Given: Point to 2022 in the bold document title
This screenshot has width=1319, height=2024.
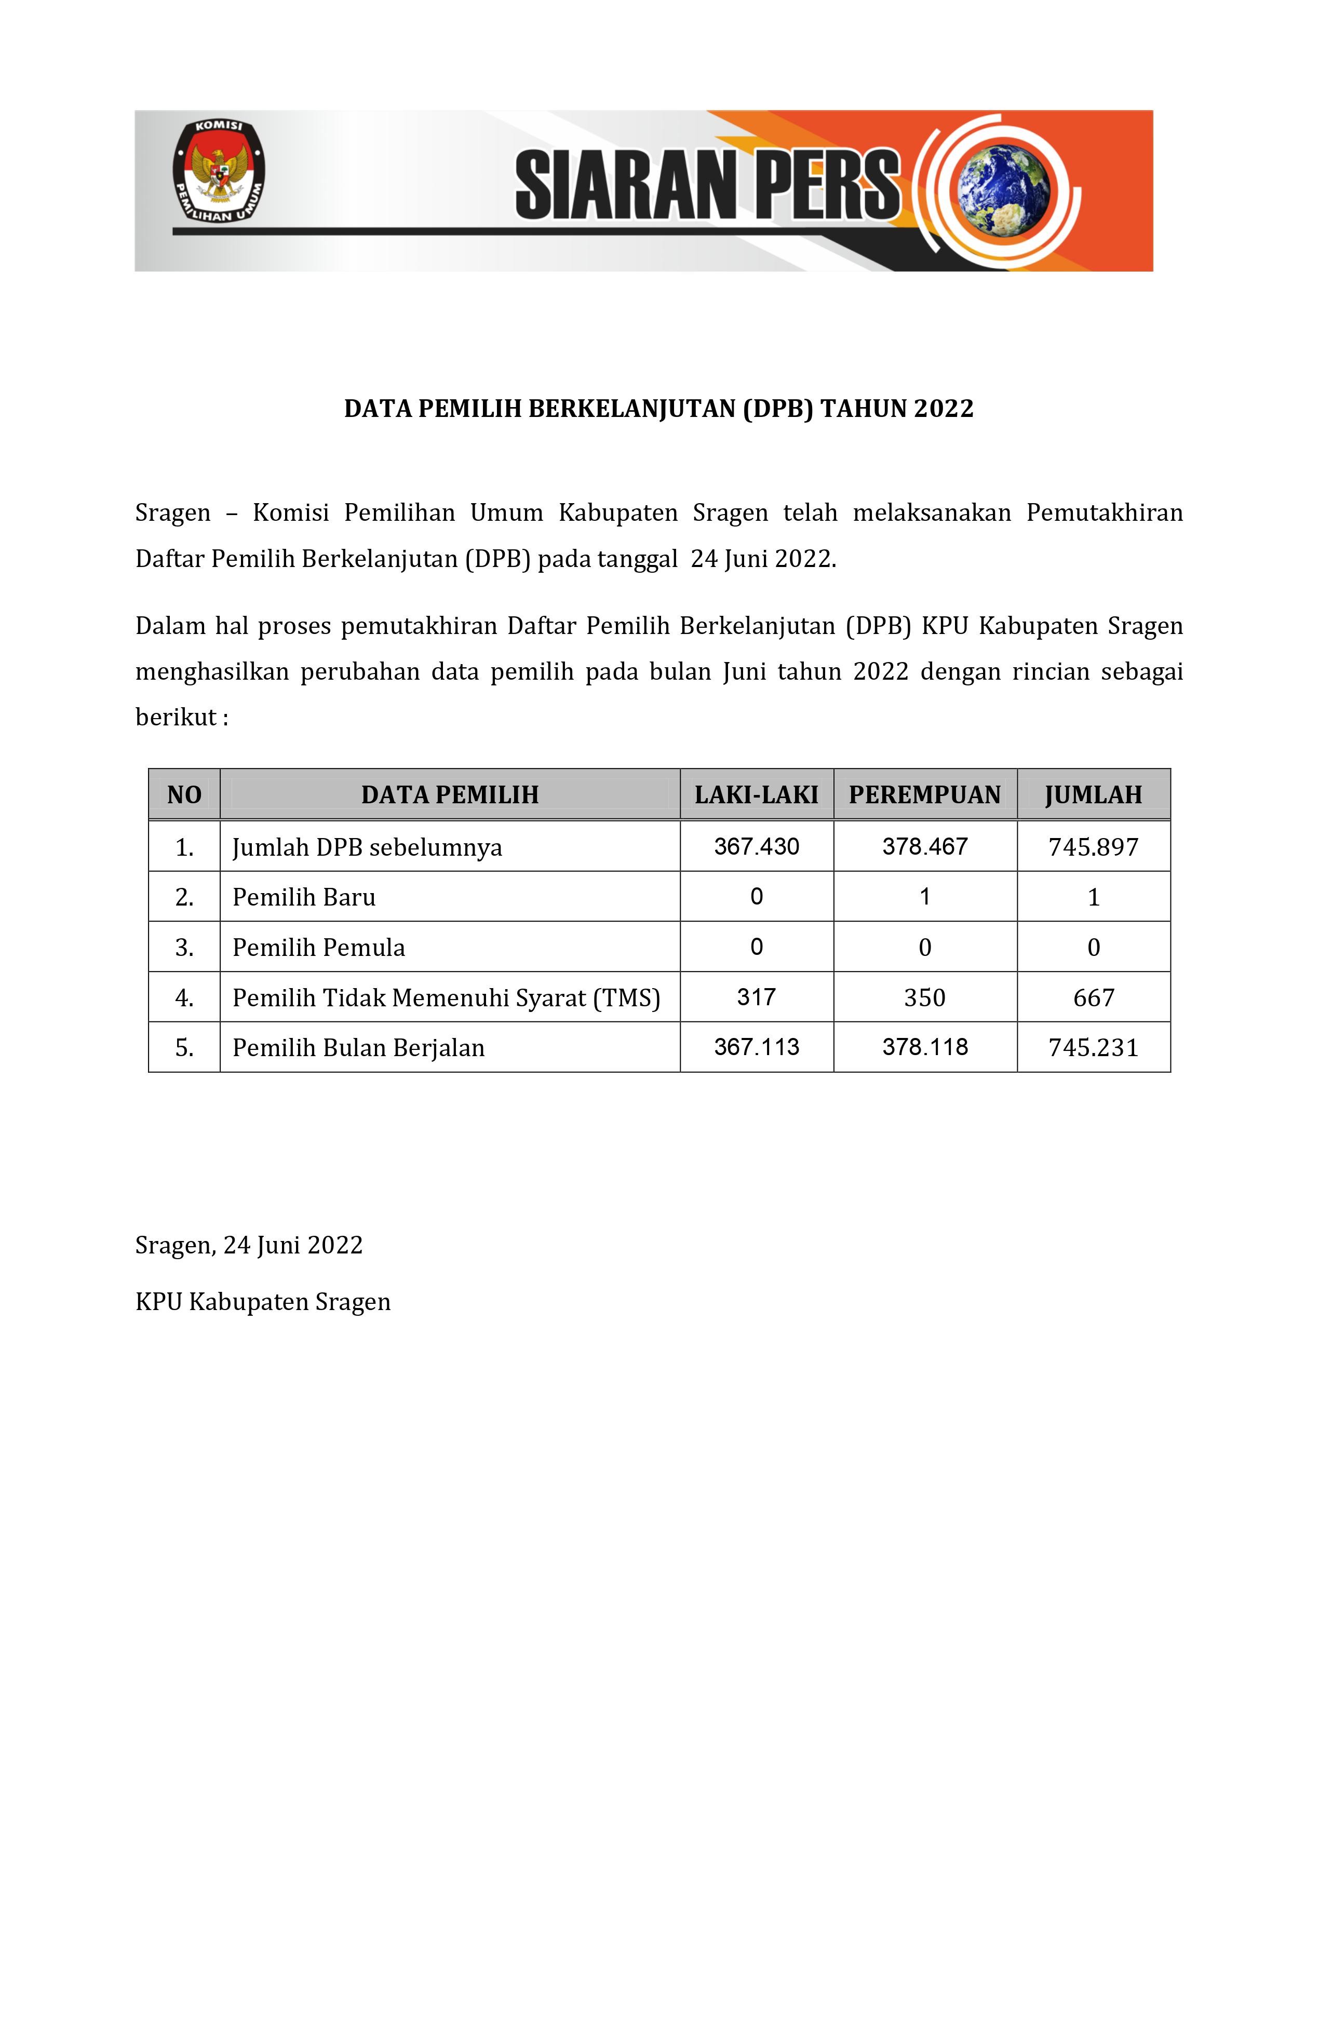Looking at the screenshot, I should click(943, 409).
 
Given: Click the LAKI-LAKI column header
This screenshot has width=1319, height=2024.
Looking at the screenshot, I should click(756, 795).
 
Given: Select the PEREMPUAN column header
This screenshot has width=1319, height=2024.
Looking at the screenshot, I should click(924, 795).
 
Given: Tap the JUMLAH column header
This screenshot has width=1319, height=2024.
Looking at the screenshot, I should click(1093, 795).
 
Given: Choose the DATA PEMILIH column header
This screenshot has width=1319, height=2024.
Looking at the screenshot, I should click(450, 795).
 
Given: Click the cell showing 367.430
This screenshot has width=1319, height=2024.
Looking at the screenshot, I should click(756, 846).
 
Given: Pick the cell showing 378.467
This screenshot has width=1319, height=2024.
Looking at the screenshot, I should click(924, 846).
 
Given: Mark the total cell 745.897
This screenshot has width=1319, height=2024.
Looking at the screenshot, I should click(1093, 847).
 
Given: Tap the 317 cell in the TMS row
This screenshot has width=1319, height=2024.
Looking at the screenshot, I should click(756, 997).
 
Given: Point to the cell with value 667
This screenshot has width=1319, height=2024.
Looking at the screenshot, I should click(1093, 997).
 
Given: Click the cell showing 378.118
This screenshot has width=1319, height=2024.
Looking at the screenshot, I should click(924, 1047).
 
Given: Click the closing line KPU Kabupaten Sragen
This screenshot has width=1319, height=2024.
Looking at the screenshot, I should click(263, 1302).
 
